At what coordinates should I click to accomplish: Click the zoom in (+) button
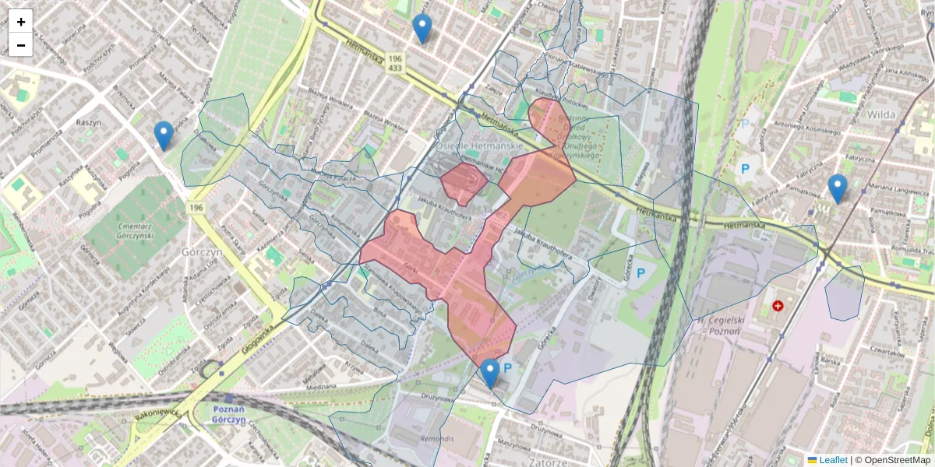21,22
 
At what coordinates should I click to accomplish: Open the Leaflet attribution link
832,460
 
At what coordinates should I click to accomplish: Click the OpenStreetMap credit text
897,460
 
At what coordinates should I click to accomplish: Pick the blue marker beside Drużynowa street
489,373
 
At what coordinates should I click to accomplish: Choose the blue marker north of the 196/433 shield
422,28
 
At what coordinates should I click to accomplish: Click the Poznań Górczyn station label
228,414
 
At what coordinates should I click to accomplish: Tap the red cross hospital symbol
777,306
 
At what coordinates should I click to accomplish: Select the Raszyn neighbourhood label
90,123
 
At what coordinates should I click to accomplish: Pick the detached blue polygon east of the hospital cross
845,293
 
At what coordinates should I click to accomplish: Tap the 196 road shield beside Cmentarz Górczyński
196,208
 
